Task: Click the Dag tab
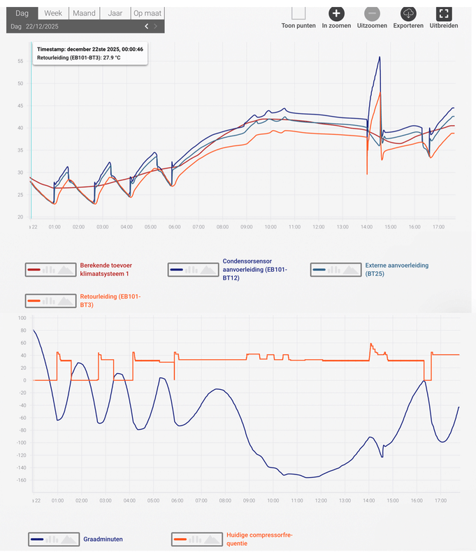pyautogui.click(x=22, y=13)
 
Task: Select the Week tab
pyautogui.click(x=53, y=13)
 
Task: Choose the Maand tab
pyautogui.click(x=84, y=13)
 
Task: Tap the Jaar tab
pyautogui.click(x=115, y=13)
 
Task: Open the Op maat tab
pyautogui.click(x=147, y=13)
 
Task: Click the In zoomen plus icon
pyautogui.click(x=336, y=13)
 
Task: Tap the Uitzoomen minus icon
pyautogui.click(x=372, y=13)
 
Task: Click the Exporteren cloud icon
pyautogui.click(x=408, y=13)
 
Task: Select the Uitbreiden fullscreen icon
pyautogui.click(x=443, y=13)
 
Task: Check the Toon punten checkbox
pyautogui.click(x=298, y=13)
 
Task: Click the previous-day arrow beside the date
pyautogui.click(x=146, y=27)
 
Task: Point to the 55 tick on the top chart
pyautogui.click(x=20, y=61)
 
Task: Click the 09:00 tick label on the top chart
pyautogui.click(x=246, y=227)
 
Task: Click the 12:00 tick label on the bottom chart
pyautogui.click(x=321, y=500)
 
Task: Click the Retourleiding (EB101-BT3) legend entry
pyautogui.click(x=110, y=300)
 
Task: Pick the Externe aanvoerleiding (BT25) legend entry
pyautogui.click(x=396, y=270)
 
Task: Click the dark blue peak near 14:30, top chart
pyautogui.click(x=379, y=57)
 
